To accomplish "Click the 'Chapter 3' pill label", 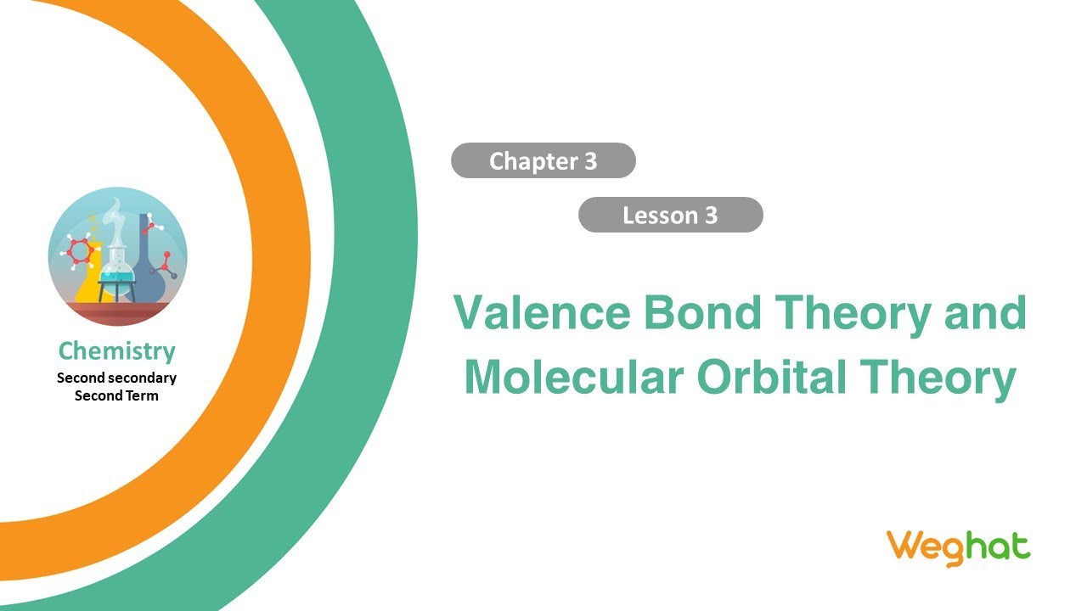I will click(x=543, y=161).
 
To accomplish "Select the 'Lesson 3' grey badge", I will click(x=670, y=216).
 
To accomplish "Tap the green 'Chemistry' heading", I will click(x=116, y=351).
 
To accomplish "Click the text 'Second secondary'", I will click(x=116, y=378).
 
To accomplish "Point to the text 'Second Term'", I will click(x=116, y=395).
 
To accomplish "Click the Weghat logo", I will click(x=958, y=547).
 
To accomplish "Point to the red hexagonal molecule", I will click(x=81, y=250).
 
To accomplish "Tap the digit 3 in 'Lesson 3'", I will click(x=711, y=216).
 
